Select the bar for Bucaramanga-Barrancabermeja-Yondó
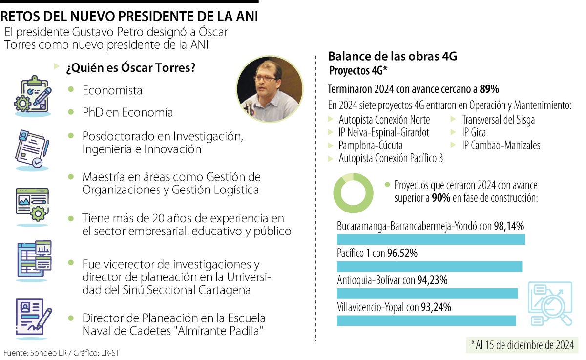coord(431,239)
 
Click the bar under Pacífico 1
coord(429,266)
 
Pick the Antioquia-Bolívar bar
coord(427,293)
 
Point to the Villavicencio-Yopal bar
coord(426,320)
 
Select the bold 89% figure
coord(489,89)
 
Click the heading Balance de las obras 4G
coord(392,56)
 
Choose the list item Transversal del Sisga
coord(498,120)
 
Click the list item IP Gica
coord(474,132)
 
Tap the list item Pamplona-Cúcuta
coord(370,145)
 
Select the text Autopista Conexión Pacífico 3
coord(391,158)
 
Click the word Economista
coord(112,90)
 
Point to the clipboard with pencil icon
coord(33,94)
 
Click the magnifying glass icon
coord(551,303)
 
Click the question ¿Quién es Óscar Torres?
coord(131,68)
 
